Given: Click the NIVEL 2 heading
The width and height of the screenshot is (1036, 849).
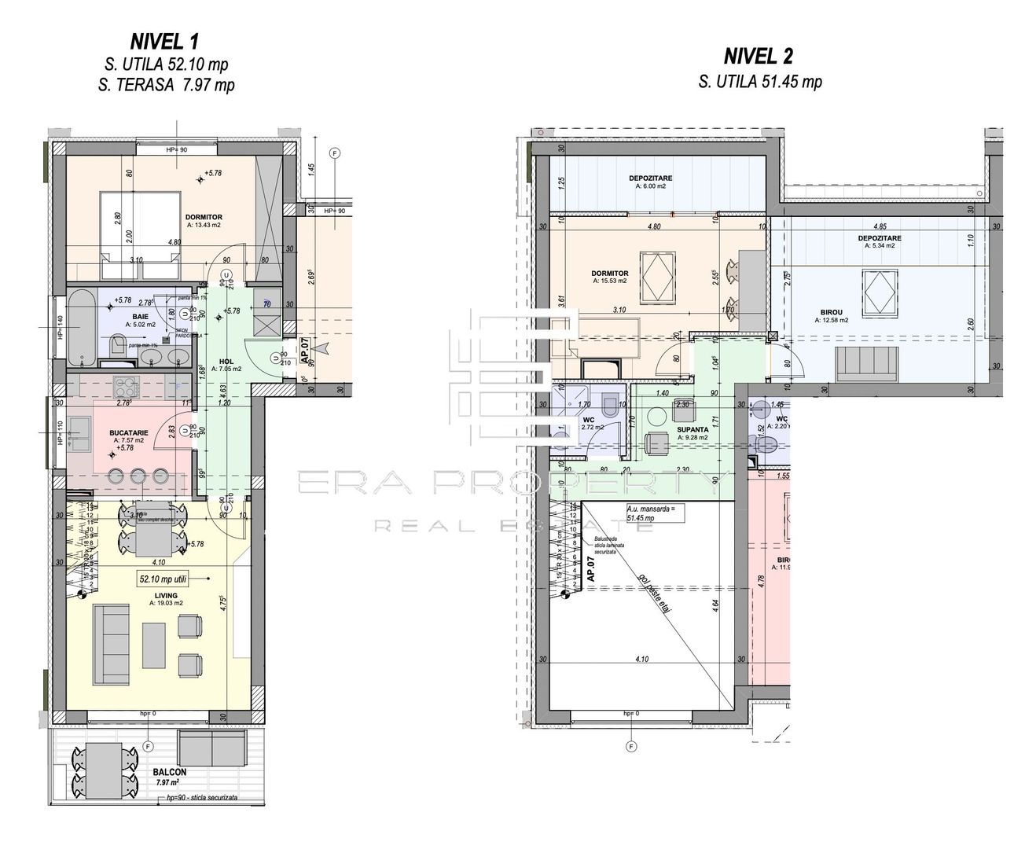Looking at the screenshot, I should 758,56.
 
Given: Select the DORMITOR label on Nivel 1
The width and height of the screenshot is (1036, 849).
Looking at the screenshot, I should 204,217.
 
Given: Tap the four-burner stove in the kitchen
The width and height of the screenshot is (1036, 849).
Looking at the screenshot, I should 126,386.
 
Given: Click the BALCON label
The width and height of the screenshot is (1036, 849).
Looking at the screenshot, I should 170,773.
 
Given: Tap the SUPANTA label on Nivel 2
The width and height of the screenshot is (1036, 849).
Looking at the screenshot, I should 693,430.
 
